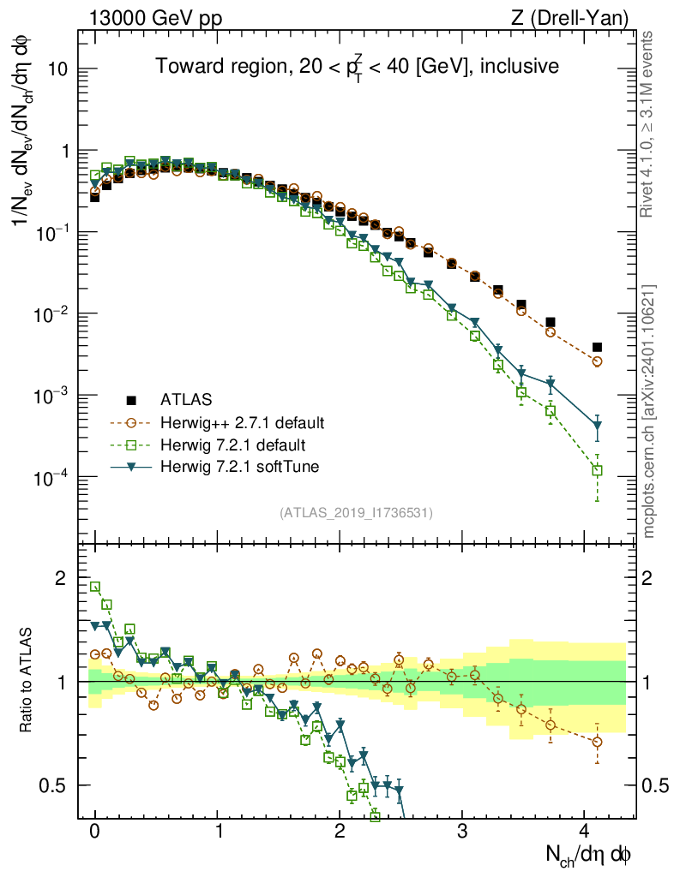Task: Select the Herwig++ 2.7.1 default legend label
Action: pyautogui.click(x=242, y=422)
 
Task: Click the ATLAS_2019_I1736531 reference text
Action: pyautogui.click(x=356, y=513)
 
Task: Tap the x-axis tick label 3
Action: pyautogui.click(x=462, y=832)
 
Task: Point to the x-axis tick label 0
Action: pyautogui.click(x=95, y=832)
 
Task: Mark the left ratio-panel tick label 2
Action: pyautogui.click(x=60, y=578)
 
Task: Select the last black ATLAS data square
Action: pyautogui.click(x=597, y=347)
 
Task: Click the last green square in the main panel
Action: pyautogui.click(x=597, y=470)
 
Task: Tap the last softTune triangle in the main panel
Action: pyautogui.click(x=597, y=426)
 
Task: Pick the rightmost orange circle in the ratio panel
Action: pyautogui.click(x=597, y=742)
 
